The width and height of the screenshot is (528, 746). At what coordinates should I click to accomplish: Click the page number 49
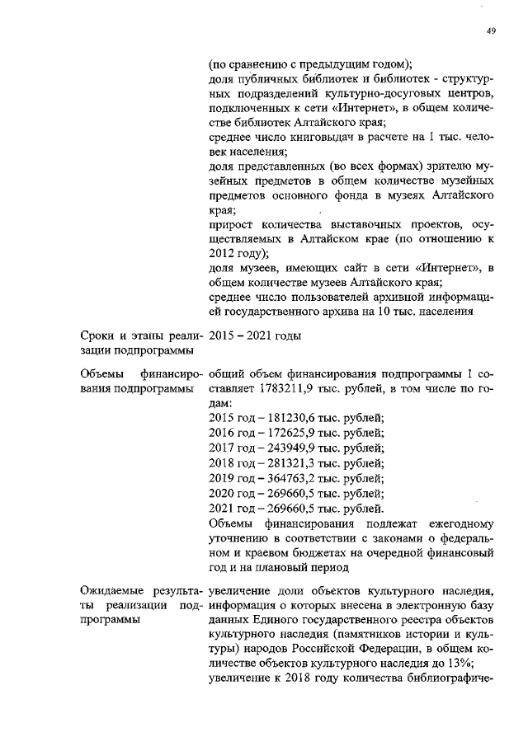click(x=491, y=30)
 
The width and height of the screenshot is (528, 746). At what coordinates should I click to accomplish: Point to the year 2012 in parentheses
click(x=225, y=252)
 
